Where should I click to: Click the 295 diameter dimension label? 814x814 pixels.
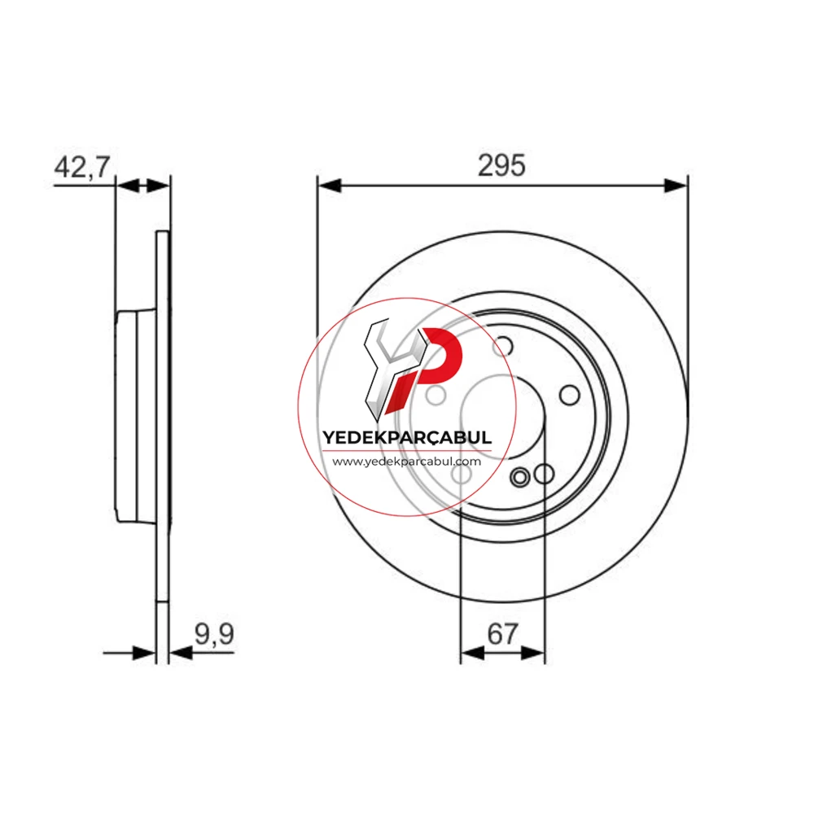pos(501,165)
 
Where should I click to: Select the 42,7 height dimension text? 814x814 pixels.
pos(82,167)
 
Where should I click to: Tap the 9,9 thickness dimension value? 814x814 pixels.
pos(214,634)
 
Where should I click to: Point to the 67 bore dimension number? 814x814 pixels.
pos(502,634)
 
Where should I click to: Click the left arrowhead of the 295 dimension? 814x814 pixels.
pos(329,186)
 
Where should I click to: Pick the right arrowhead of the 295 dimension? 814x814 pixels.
pos(676,186)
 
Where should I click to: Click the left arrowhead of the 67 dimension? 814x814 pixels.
pos(472,653)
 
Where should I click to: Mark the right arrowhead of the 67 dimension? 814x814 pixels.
pos(533,653)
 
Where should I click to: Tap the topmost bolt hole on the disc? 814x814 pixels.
pos(502,346)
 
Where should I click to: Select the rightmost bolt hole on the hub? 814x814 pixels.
pos(570,395)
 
